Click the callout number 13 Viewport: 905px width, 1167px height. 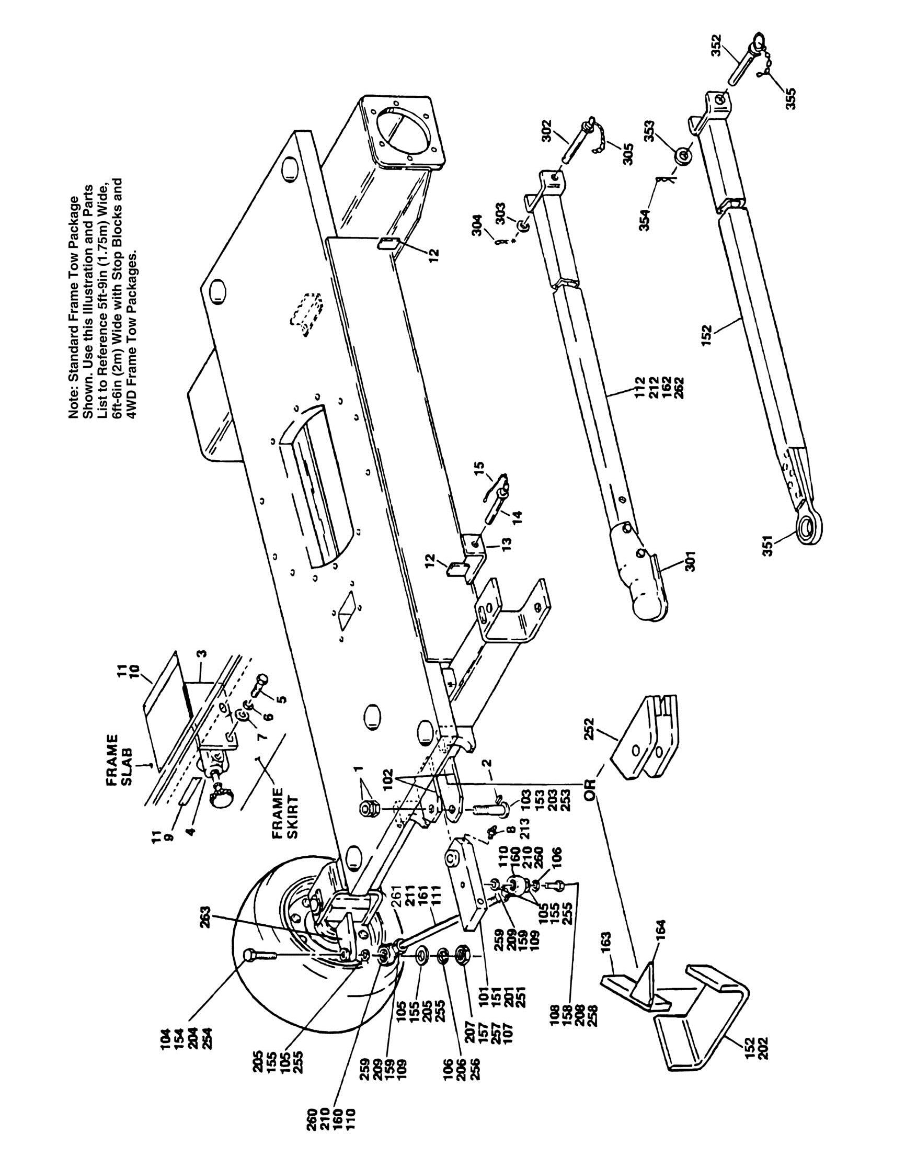tap(507, 543)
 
